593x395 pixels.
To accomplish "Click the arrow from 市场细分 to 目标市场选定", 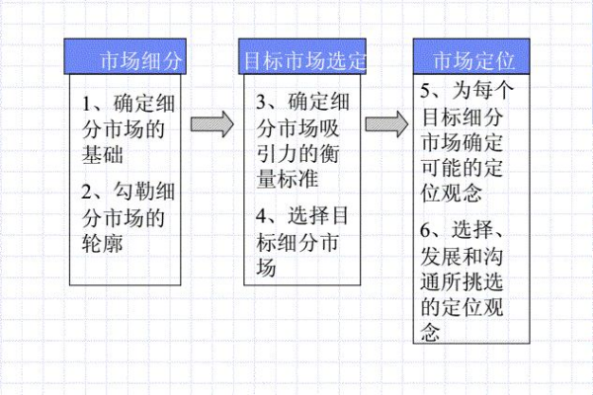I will [x=212, y=124].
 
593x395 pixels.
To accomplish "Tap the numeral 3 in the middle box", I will [x=262, y=103].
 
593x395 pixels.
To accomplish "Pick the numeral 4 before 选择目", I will [x=262, y=215].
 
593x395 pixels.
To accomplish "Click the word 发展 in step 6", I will [x=441, y=257].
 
